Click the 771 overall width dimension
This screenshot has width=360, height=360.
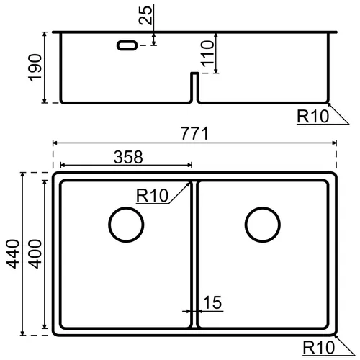(x=194, y=133)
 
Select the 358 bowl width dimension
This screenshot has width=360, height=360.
(x=128, y=157)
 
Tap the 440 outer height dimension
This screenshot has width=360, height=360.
(x=12, y=253)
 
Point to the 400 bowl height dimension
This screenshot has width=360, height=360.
(x=35, y=253)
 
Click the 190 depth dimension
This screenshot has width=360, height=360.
(x=35, y=68)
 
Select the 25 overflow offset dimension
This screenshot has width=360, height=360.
(x=145, y=15)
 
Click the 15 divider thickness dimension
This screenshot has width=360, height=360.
(x=212, y=302)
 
